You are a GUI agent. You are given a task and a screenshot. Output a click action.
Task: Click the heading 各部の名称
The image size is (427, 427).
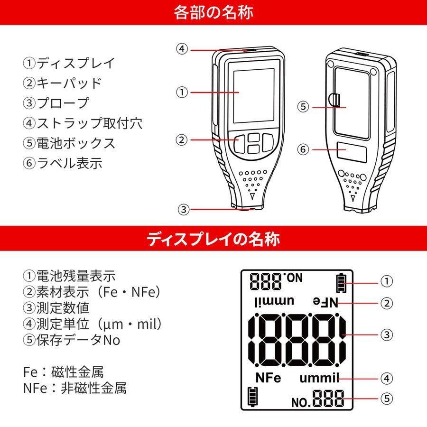213,12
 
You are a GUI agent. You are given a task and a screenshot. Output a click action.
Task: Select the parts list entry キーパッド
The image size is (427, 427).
69,83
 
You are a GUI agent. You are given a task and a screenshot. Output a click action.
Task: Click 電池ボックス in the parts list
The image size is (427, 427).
75,143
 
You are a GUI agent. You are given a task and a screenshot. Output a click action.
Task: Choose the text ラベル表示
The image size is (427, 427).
69,163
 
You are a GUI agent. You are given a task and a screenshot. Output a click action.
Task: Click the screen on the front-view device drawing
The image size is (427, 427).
253,94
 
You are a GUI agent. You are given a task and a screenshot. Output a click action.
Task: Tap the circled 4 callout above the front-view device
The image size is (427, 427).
183,49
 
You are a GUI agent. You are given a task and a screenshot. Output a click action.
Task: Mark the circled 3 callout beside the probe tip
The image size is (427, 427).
183,209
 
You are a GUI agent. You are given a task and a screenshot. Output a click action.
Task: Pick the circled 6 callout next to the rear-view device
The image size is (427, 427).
303,149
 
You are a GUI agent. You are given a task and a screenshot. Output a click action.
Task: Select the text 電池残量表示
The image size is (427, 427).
75,276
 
